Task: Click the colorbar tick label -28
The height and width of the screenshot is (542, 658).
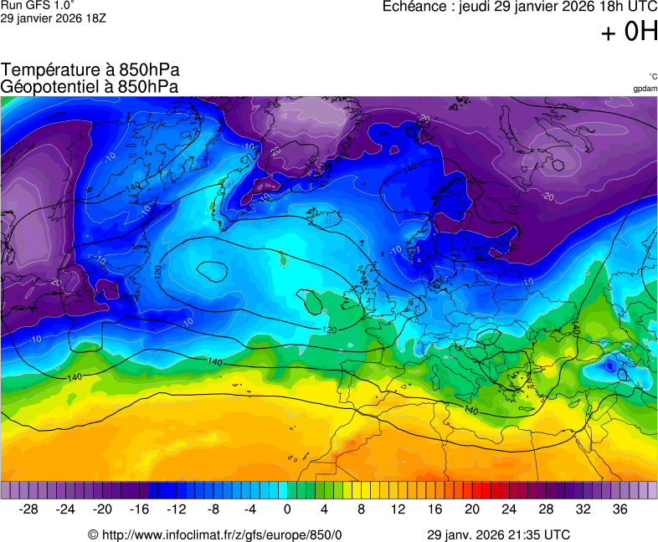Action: click(x=29, y=509)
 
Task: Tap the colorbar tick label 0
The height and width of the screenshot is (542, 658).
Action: click(x=287, y=509)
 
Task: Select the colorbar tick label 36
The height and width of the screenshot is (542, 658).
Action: click(x=619, y=509)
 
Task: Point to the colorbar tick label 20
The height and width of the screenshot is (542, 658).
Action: click(x=471, y=509)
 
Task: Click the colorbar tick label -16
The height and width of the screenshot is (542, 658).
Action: click(x=140, y=509)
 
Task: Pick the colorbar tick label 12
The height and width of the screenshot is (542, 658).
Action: click(x=398, y=509)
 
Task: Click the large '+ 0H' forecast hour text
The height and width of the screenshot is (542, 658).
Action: click(x=629, y=32)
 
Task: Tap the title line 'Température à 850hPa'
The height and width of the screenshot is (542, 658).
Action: click(x=90, y=69)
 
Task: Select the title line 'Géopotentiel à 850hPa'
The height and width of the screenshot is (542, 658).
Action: click(x=90, y=86)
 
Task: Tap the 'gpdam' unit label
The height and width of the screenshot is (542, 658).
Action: click(x=645, y=89)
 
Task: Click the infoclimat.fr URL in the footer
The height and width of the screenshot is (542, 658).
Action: click(x=216, y=534)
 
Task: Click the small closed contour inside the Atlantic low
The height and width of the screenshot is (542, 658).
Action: click(x=211, y=270)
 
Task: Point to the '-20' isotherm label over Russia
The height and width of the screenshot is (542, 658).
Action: click(x=547, y=197)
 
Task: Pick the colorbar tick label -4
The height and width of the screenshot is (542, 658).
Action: click(x=250, y=509)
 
